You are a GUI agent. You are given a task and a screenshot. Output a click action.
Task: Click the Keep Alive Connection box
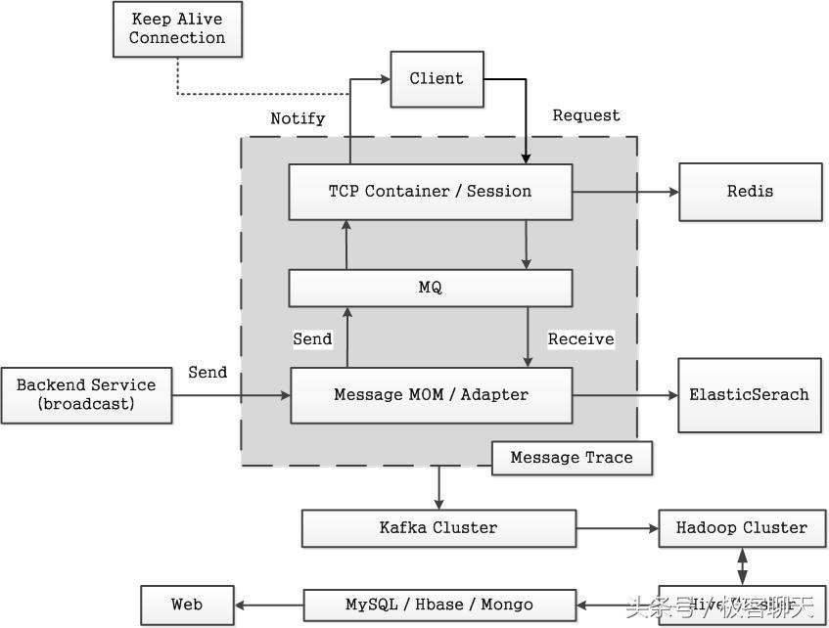pos(177,28)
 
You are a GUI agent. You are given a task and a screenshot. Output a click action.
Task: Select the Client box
pos(437,79)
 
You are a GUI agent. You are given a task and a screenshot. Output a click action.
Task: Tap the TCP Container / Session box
pos(430,192)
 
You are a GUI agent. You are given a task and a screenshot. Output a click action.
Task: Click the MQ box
pos(430,288)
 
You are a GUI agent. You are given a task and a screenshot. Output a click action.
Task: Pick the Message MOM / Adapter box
pos(431,395)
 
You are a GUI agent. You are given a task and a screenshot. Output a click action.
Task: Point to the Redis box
pos(750,192)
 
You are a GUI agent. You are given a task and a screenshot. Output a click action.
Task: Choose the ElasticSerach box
pos(749,395)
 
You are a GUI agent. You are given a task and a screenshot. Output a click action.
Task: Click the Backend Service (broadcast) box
pos(86,395)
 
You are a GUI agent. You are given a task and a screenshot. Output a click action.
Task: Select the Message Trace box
pos(572,458)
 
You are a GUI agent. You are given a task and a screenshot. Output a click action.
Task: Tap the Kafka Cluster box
pos(438,528)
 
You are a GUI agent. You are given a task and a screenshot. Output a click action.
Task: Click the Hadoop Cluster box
pos(741,528)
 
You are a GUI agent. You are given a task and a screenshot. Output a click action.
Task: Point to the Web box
pos(187,605)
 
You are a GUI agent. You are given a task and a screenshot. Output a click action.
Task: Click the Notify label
pos(298,118)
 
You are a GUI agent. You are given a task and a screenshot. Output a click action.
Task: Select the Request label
pos(585,115)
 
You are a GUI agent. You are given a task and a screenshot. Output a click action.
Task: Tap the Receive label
pos(580,339)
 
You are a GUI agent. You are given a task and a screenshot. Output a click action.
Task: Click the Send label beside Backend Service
pos(207,373)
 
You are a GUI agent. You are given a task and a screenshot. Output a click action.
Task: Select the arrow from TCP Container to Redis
pos(625,192)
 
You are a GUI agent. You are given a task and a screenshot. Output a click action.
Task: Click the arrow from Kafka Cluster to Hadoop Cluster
pos(617,529)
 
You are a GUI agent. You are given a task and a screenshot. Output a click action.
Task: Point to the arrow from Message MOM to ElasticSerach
pos(625,395)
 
